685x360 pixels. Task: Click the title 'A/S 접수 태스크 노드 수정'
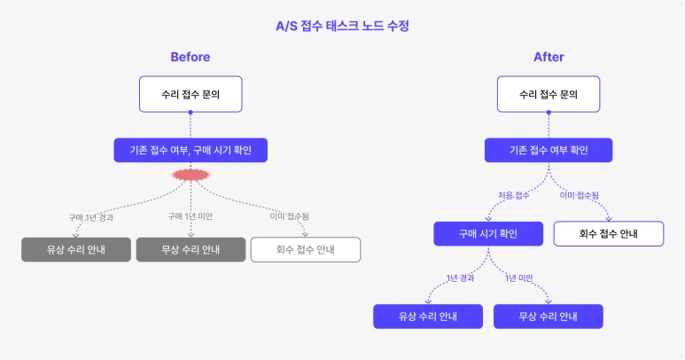(342, 26)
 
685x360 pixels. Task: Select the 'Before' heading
(191, 58)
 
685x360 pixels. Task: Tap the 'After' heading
(549, 58)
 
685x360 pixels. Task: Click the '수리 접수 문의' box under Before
(191, 94)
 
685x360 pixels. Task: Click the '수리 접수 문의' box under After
(549, 94)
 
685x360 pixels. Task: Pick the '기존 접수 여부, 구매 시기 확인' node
(191, 150)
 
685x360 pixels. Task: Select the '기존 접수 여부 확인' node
(549, 150)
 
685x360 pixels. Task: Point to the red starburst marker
(191, 175)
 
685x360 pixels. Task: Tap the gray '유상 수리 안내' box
(76, 249)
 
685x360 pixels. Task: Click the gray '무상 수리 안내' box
(191, 249)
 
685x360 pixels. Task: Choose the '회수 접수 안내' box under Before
(306, 249)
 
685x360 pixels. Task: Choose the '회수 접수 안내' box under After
(609, 233)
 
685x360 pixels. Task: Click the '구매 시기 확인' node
(488, 233)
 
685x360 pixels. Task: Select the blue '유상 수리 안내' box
(428, 317)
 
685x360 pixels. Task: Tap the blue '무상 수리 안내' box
(549, 317)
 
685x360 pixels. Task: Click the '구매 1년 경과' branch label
(91, 216)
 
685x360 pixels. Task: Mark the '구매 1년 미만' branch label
(191, 216)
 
